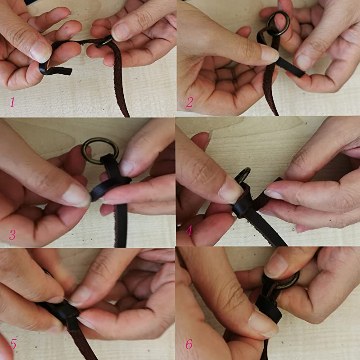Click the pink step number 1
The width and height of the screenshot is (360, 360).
coord(12,103)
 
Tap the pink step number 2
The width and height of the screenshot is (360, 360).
coord(189,103)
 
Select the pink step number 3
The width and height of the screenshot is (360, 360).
coord(12,234)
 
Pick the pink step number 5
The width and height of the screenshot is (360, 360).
coord(13,345)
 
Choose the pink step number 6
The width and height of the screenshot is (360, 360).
coord(189,345)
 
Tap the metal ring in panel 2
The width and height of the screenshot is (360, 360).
coord(278,23)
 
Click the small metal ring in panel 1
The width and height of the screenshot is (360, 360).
coord(106,41)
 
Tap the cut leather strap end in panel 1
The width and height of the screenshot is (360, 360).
coord(63,71)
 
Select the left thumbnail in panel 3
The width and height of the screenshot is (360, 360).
coord(76,195)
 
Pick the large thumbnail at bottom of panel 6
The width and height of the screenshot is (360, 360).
coord(263,323)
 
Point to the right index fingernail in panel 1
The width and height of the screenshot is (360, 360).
coord(121,31)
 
